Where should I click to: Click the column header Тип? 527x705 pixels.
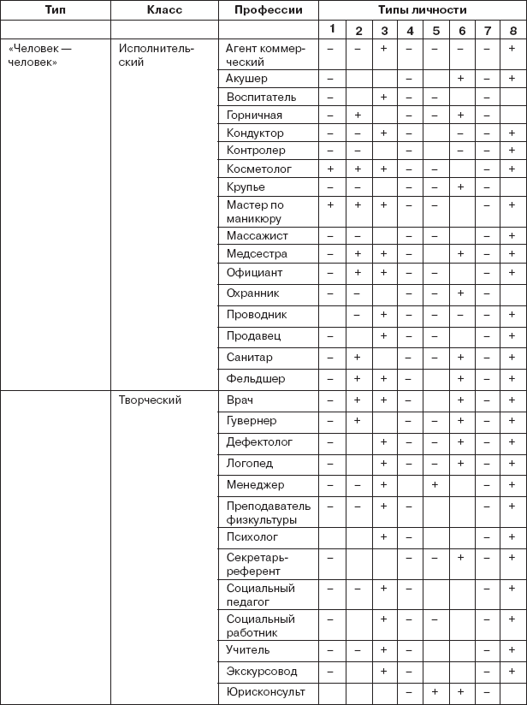pos(55,10)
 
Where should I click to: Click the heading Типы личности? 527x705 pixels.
pos(422,10)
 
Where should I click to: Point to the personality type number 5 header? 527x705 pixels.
pos(436,31)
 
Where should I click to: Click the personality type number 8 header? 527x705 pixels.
pos(512,31)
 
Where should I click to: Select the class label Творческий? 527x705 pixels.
pos(150,400)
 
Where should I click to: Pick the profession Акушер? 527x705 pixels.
pos(247,79)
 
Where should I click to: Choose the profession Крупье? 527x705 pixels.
pos(246,187)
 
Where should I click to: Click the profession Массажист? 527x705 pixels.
pos(258,235)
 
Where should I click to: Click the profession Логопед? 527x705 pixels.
pos(250,463)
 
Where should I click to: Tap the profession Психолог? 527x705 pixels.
pos(252,536)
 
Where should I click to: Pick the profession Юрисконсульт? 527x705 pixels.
pos(266,690)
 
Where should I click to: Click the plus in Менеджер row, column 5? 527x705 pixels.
pos(435,484)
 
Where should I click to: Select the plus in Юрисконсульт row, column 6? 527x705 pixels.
pos(461,690)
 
